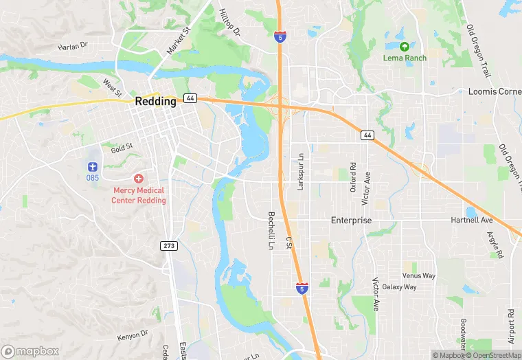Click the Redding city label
pyautogui.click(x=155, y=101)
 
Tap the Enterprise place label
pyautogui.click(x=351, y=221)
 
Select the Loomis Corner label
pyautogui.click(x=495, y=91)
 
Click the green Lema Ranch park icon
pyautogui.click(x=404, y=46)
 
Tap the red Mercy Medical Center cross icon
pyautogui.click(x=138, y=178)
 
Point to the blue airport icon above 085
pyautogui.click(x=93, y=166)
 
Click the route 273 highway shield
pyautogui.click(x=169, y=245)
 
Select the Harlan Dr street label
pyautogui.click(x=73, y=45)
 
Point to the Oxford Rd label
pyautogui.click(x=353, y=176)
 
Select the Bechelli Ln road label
pyautogui.click(x=271, y=229)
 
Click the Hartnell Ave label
pyautogui.click(x=472, y=221)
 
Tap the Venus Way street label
pyautogui.click(x=419, y=275)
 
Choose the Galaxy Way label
pyautogui.click(x=399, y=286)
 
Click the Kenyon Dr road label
pyautogui.click(x=133, y=335)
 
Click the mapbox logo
pyautogui.click(x=30, y=351)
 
